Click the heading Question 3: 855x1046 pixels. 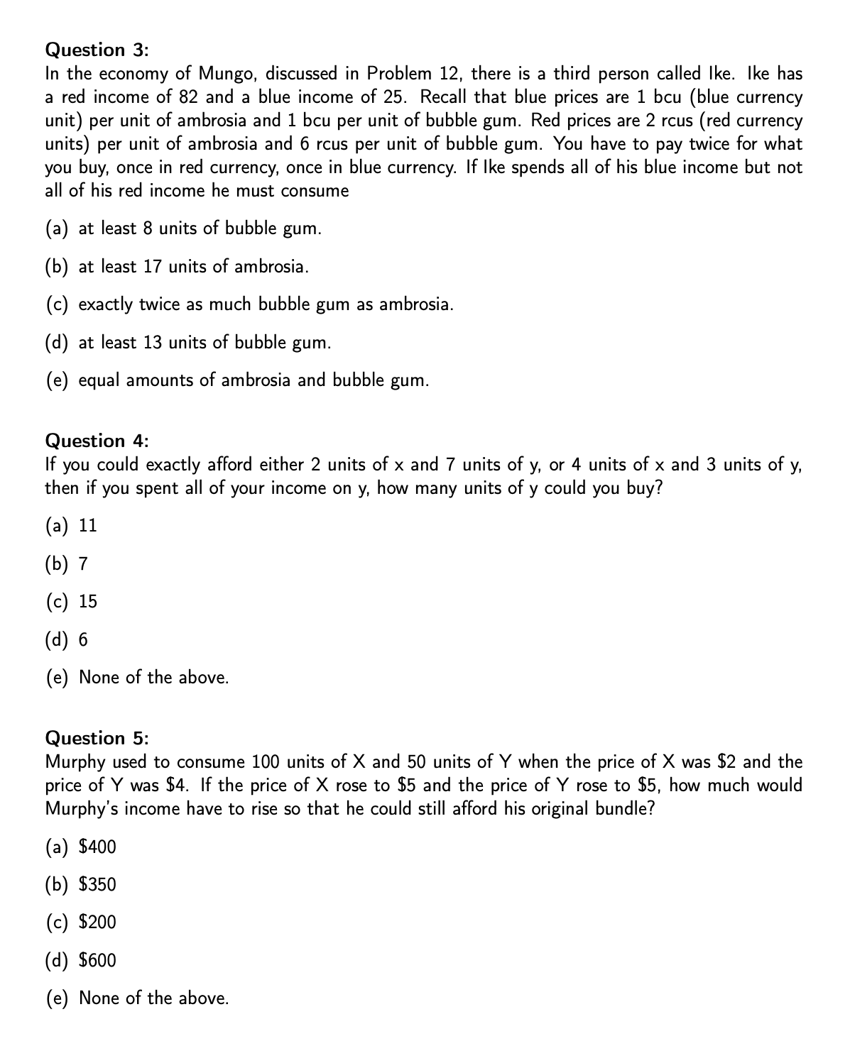tap(97, 50)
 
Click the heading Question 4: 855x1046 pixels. tap(97, 441)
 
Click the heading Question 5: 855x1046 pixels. tap(97, 738)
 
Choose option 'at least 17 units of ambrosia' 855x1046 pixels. tap(193, 267)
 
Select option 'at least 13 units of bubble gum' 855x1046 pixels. tap(205, 343)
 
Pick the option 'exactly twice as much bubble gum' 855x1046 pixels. tap(266, 304)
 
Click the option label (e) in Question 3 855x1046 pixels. tap(58, 380)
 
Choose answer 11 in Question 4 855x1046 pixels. tap(87, 526)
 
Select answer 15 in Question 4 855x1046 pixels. tap(88, 602)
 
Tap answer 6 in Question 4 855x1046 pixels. tap(83, 640)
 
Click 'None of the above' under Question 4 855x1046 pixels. tap(153, 678)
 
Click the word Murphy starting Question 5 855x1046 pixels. tap(75, 762)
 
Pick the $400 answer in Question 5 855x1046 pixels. tap(97, 847)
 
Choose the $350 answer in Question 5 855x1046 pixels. tap(97, 885)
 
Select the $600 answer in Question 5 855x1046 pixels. tap(97, 961)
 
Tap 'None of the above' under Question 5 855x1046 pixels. tap(153, 998)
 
